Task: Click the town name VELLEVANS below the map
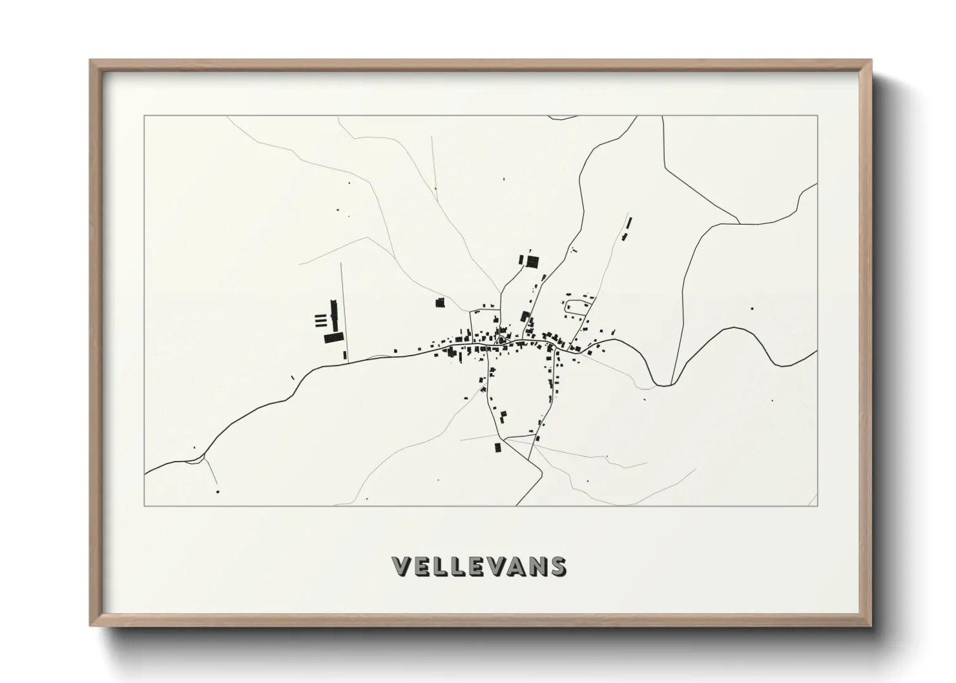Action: point(479,566)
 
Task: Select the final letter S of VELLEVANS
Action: point(558,566)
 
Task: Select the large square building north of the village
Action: point(532,261)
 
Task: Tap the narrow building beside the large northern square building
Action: point(521,260)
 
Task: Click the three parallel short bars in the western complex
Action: point(319,320)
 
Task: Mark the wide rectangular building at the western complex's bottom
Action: point(333,338)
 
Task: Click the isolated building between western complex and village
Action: point(440,302)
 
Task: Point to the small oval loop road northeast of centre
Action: point(577,308)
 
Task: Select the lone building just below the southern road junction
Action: point(497,447)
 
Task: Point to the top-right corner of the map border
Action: point(817,116)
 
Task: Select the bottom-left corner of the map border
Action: point(145,505)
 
